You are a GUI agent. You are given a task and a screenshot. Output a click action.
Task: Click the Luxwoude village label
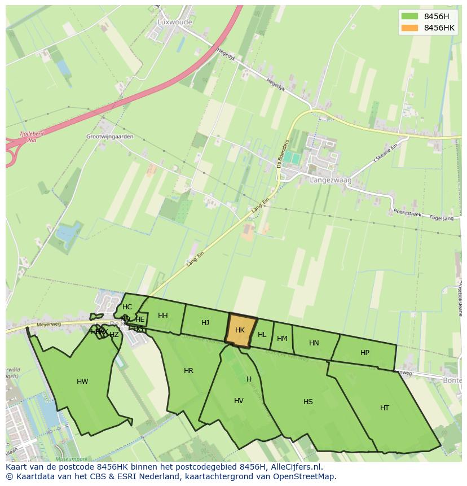pyautogui.click(x=175, y=22)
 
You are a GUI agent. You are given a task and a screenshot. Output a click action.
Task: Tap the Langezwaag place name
pyautogui.click(x=331, y=180)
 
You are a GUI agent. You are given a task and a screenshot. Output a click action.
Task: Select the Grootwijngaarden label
pyautogui.click(x=110, y=137)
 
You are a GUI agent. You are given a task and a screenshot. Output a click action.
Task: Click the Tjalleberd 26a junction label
pyautogui.click(x=24, y=138)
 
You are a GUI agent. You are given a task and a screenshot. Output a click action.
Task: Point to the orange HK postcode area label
pyautogui.click(x=240, y=330)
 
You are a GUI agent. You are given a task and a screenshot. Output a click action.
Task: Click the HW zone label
pyautogui.click(x=82, y=382)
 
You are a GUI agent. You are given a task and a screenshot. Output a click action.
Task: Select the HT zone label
pyautogui.click(x=385, y=408)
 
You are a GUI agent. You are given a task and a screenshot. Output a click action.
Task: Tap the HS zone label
pyautogui.click(x=308, y=402)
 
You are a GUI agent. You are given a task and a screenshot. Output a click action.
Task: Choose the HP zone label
pyautogui.click(x=365, y=353)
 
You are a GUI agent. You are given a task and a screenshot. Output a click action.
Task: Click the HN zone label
pyautogui.click(x=314, y=343)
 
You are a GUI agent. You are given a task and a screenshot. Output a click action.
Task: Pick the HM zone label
pyautogui.click(x=282, y=339)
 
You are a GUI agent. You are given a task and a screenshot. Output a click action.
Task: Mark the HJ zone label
pyautogui.click(x=205, y=323)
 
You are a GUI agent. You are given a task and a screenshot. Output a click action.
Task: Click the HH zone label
pyautogui.click(x=163, y=316)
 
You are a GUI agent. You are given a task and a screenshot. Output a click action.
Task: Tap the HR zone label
pyautogui.click(x=188, y=371)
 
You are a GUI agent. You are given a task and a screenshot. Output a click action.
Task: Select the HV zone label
pyautogui.click(x=239, y=401)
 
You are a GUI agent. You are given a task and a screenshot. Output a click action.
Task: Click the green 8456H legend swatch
pyautogui.click(x=409, y=16)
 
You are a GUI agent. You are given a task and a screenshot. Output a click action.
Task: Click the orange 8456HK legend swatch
pyautogui.click(x=409, y=28)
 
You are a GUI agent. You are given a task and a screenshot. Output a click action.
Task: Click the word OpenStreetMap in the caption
pyautogui.click(x=307, y=476)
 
